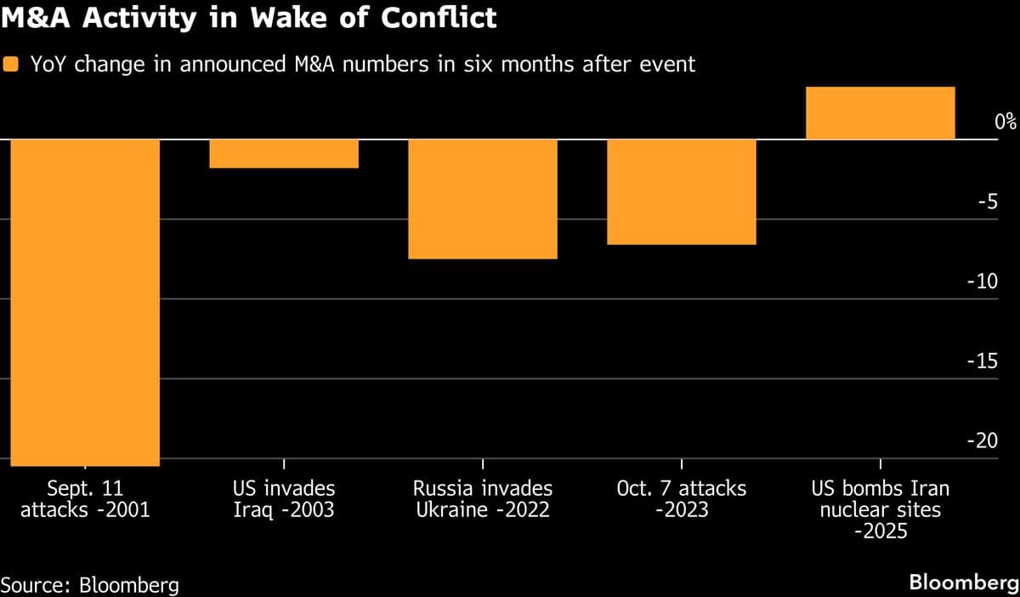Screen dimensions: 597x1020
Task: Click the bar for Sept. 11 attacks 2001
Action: pos(85,302)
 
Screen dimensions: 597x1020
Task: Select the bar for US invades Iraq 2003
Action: pos(284,154)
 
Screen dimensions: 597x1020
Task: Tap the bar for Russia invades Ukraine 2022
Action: pos(483,199)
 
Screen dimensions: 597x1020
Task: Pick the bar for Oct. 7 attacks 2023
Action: pos(682,192)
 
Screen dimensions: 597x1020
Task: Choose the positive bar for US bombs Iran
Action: pos(880,113)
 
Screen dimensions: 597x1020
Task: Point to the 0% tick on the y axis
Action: pos(1006,122)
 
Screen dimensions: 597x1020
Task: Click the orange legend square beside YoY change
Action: pos(11,65)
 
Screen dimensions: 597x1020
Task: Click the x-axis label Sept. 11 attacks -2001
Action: pos(85,500)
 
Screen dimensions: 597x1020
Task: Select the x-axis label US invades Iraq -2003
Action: pos(284,500)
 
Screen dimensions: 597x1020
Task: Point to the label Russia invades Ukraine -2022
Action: pos(483,500)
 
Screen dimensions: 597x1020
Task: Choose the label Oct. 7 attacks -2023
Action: pos(682,500)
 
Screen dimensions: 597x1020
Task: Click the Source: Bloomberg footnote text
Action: pos(89,585)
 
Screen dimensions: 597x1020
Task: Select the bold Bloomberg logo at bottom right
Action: pos(963,583)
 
